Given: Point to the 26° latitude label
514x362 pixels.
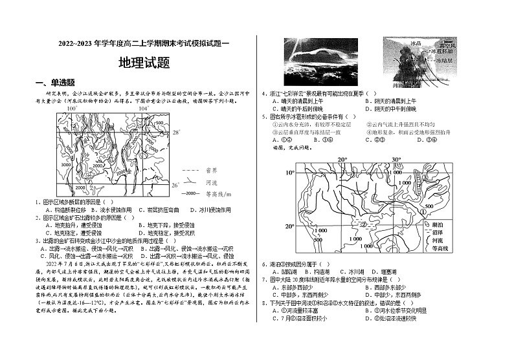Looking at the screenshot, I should click(175, 185).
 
